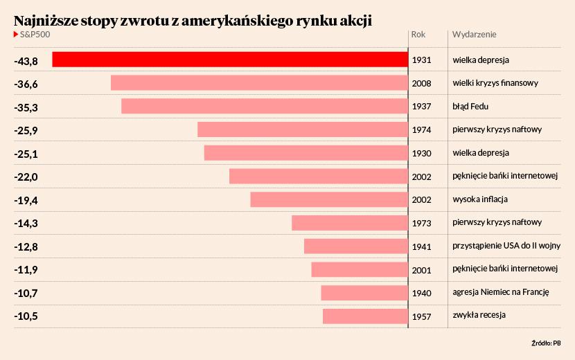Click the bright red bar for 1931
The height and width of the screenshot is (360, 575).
point(230,60)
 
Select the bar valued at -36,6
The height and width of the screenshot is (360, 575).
point(259,83)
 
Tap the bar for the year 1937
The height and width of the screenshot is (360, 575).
point(265,106)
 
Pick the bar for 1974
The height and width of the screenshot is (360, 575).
point(303,129)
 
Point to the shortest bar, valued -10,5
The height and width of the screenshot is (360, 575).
point(365,316)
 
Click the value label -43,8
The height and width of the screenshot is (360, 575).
point(26,62)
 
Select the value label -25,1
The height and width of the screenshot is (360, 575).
point(26,154)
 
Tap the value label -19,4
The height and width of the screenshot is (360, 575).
point(26,200)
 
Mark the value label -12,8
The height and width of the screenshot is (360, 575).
point(26,246)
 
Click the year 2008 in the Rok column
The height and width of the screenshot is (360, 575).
point(421,84)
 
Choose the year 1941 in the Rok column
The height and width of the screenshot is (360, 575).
point(421,246)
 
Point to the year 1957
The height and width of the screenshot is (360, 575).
point(421,316)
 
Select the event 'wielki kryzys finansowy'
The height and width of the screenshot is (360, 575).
point(495,83)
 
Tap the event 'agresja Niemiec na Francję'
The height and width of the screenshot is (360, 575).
point(500,292)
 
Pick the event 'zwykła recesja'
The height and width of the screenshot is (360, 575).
point(479,316)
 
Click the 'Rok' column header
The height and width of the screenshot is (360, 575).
point(418,35)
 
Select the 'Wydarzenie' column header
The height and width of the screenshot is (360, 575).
point(474,35)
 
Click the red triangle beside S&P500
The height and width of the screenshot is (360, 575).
point(16,34)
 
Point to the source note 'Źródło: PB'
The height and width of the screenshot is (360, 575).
point(546,342)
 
